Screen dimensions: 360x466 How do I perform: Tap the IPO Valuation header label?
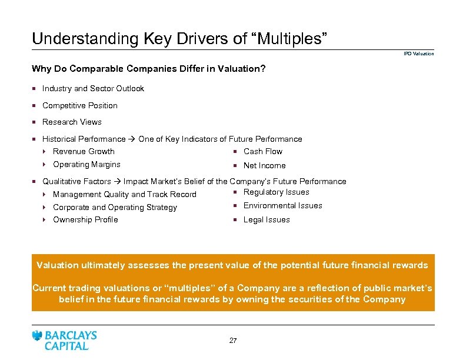point(418,54)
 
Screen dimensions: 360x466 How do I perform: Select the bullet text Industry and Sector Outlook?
point(93,89)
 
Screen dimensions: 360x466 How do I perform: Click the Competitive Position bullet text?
point(80,106)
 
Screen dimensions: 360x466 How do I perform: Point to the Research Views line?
point(72,122)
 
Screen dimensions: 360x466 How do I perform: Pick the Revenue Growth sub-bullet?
point(84,152)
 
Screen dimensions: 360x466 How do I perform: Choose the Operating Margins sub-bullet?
point(86,165)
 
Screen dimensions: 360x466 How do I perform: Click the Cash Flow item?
point(263,152)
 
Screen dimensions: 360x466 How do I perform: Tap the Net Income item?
point(264,166)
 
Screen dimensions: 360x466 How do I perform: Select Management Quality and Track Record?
point(124,195)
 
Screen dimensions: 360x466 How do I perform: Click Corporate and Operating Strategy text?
point(115,208)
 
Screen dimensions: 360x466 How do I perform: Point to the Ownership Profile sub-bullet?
point(85,220)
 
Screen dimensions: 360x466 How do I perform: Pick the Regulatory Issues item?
point(276,192)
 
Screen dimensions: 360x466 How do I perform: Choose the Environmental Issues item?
point(282,206)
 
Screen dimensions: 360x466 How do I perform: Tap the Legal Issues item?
point(267,220)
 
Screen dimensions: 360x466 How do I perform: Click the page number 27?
point(233,341)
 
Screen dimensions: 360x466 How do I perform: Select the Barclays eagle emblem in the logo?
point(38,336)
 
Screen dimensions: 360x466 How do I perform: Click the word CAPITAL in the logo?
point(66,346)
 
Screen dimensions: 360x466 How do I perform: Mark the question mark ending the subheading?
point(263,69)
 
